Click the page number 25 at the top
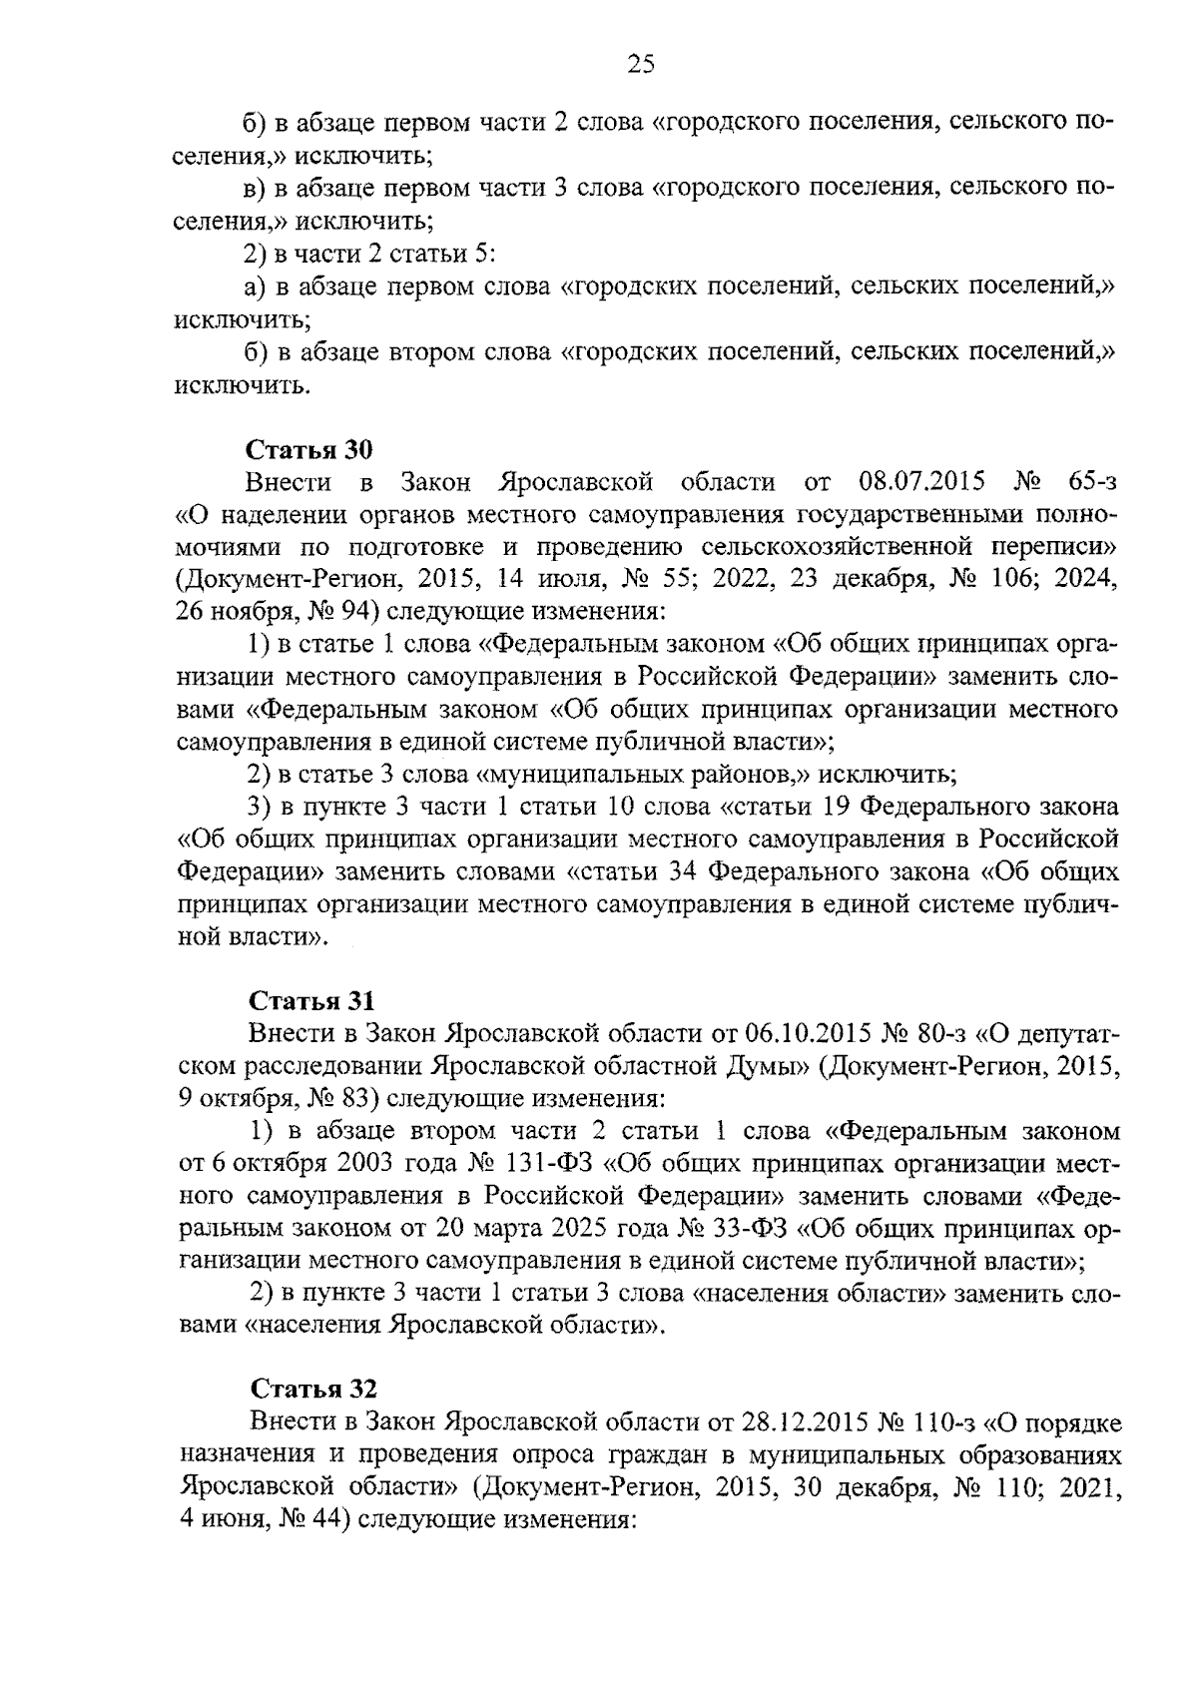tap(640, 65)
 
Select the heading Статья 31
tap(310, 1000)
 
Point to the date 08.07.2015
tap(920, 483)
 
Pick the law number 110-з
tap(937, 1420)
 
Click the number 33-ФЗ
tap(749, 1229)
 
